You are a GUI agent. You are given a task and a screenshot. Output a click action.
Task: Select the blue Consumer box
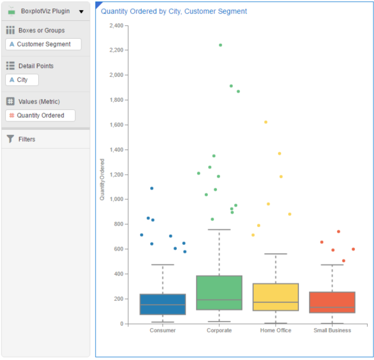163,304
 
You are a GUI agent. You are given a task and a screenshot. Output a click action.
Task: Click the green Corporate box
219,293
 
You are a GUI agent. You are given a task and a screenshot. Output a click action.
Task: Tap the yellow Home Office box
275,297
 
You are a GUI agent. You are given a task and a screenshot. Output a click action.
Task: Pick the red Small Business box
332,302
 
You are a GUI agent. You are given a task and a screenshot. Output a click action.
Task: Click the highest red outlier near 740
338,232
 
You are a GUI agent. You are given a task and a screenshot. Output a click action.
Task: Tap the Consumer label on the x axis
163,331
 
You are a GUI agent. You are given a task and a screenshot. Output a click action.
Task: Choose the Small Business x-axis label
332,331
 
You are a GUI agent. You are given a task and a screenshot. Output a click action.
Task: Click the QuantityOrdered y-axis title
102,181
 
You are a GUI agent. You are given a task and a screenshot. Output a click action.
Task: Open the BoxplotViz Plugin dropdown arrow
81,11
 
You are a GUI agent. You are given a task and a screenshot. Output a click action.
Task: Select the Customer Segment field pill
43,45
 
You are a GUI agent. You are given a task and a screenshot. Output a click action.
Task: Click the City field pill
22,80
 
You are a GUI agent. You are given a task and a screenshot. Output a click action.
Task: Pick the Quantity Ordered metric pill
40,116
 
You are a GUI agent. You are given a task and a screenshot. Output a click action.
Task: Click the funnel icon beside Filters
10,139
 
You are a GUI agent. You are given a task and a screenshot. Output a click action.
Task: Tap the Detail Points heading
36,66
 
